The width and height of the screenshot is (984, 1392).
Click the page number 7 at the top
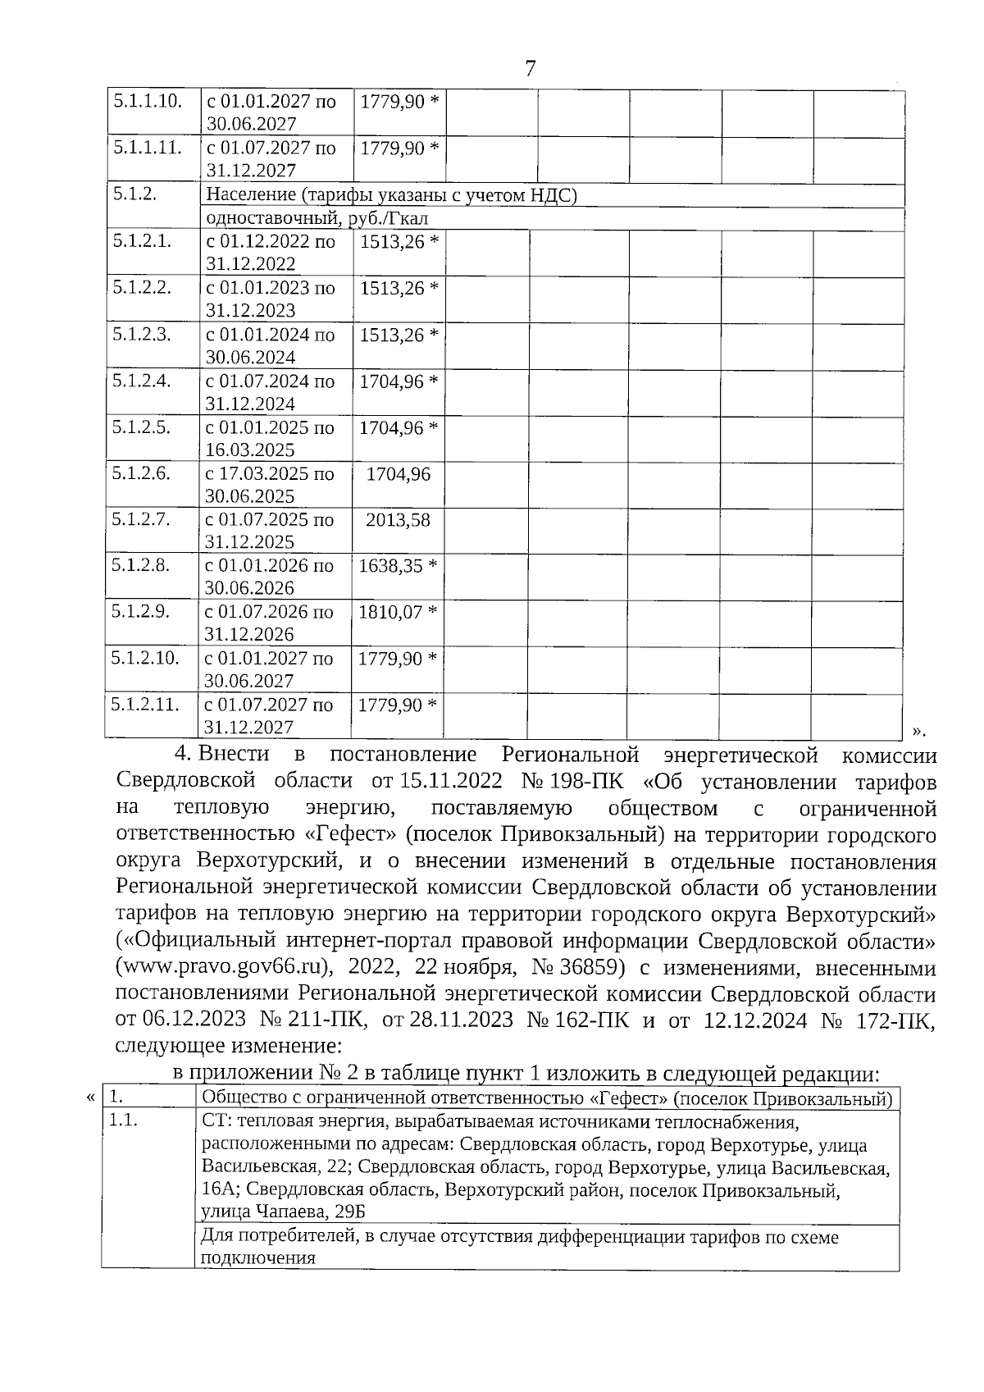click(x=529, y=69)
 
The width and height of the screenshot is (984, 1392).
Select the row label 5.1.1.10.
click(x=146, y=102)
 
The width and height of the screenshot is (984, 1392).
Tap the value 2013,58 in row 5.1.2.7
click(x=398, y=520)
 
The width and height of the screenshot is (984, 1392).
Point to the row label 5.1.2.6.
click(x=141, y=473)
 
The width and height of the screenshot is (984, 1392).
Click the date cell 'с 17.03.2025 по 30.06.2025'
click(x=269, y=485)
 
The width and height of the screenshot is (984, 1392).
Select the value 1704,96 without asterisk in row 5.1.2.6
click(x=398, y=474)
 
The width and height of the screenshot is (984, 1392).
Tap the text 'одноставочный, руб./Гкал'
click(x=317, y=218)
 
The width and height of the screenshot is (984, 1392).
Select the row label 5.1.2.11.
click(x=145, y=704)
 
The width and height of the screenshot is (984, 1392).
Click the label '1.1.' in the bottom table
click(x=123, y=1121)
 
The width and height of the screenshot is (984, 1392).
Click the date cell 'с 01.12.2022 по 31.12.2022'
click(x=271, y=253)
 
